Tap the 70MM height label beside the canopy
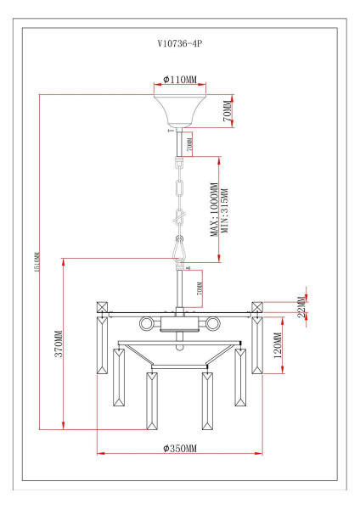[227, 111]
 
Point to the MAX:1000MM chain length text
[215, 209]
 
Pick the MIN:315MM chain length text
[225, 209]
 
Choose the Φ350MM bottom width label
[180, 447]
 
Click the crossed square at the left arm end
[103, 307]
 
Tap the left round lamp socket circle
[146, 322]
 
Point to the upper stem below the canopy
[179, 141]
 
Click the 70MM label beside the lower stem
[199, 290]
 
